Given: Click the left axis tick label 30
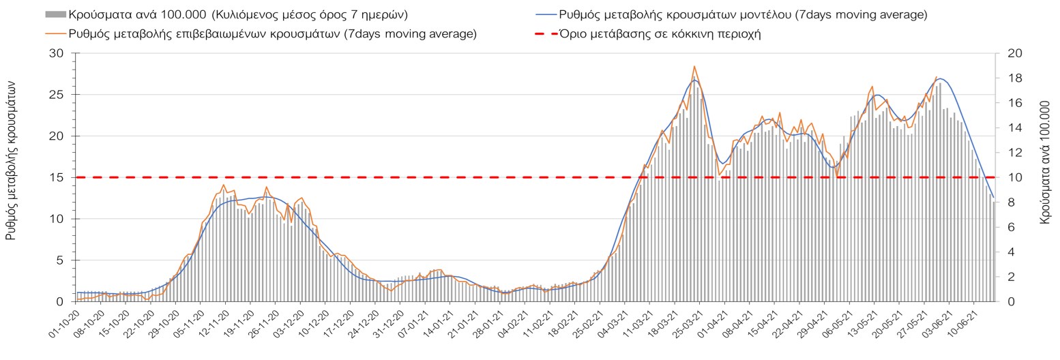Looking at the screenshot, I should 58,54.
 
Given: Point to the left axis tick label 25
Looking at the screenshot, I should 58,95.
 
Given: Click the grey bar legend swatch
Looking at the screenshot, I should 55,14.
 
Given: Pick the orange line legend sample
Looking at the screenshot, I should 55,34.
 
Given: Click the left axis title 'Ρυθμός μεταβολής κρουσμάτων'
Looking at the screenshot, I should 11,158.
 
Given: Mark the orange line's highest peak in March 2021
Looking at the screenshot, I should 694,66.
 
